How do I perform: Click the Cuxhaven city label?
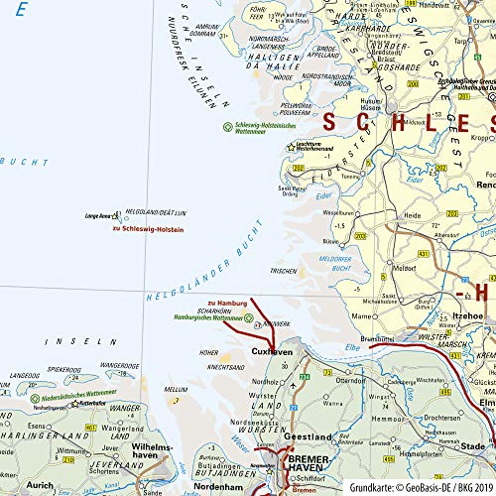pos(271,351)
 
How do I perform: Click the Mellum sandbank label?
pos(176,390)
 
